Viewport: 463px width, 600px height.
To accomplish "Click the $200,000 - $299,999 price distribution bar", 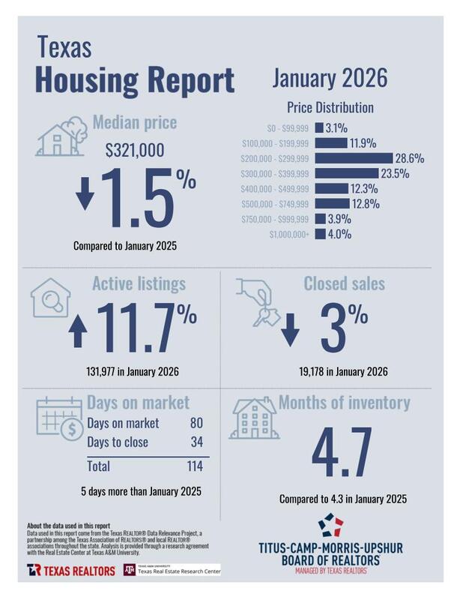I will pos(354,158).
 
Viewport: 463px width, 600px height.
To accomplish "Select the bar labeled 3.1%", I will pos(319,127).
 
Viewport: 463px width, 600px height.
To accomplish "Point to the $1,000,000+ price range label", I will pos(289,235).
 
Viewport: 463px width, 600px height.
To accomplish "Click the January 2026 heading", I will pos(330,77).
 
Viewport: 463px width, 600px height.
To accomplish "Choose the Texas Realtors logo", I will pos(70,571).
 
